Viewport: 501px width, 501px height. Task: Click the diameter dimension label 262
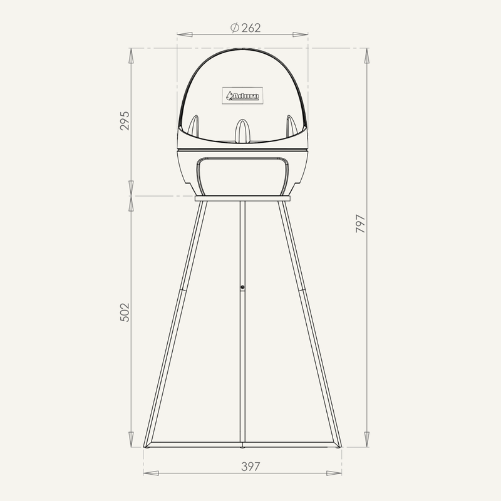click(251, 28)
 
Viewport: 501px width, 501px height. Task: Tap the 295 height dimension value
click(125, 120)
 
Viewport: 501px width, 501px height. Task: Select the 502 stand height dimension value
click(125, 312)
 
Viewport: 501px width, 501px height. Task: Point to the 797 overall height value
click(361, 224)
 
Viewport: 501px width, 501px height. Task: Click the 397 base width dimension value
click(251, 467)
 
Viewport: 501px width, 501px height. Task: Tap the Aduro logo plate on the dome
click(242, 96)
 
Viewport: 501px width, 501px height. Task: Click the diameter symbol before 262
click(235, 28)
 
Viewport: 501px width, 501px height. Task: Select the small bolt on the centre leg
click(242, 287)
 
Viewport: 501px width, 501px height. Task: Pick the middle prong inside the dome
click(242, 131)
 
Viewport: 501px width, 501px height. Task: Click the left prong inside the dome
click(194, 127)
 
